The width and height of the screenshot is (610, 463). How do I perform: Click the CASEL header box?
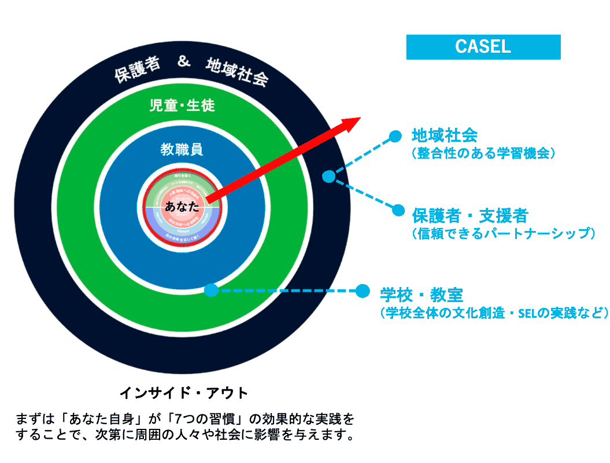(x=483, y=47)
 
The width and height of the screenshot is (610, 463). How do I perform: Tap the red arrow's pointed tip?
(x=358, y=119)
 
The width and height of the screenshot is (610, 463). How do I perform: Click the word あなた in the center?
(x=182, y=206)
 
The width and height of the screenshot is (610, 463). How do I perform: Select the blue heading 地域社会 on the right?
(x=444, y=136)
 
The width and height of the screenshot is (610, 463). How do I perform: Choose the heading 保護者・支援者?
(x=469, y=216)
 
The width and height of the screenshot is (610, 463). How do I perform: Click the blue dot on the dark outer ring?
(x=328, y=177)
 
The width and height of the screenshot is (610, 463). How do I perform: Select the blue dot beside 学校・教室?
(x=363, y=290)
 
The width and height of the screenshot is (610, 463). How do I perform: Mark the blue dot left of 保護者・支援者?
(x=398, y=210)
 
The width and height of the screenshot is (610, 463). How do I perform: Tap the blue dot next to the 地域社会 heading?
(x=395, y=136)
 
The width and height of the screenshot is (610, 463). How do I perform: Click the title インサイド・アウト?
(x=184, y=393)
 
